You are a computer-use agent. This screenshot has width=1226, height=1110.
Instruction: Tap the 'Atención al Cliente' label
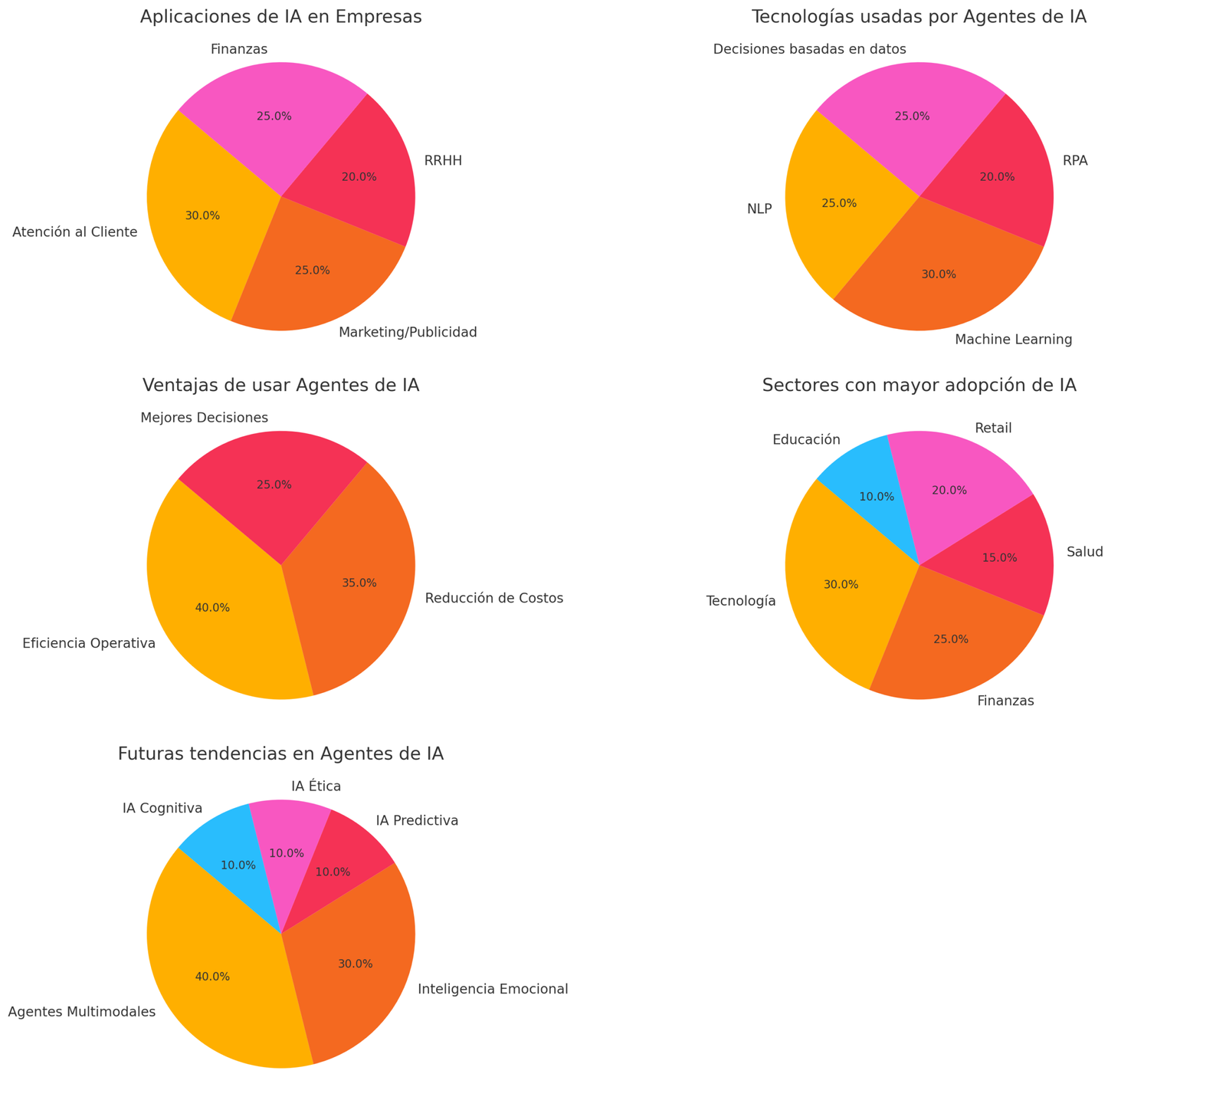75,232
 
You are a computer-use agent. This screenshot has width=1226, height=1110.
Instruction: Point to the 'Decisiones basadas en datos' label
809,49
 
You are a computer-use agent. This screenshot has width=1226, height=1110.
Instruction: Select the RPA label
1074,161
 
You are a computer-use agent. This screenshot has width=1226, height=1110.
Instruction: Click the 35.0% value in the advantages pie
359,583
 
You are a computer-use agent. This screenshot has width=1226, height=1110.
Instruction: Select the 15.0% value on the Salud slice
999,558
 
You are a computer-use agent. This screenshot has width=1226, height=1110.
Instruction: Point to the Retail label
993,428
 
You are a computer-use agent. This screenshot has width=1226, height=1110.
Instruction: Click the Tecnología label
741,600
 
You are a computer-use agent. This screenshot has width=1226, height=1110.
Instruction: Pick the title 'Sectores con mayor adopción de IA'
919,386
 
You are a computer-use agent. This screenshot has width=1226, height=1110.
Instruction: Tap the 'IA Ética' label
316,786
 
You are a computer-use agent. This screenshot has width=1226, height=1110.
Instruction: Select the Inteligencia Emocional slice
352,966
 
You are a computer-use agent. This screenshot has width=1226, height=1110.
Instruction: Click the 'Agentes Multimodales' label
82,1012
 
